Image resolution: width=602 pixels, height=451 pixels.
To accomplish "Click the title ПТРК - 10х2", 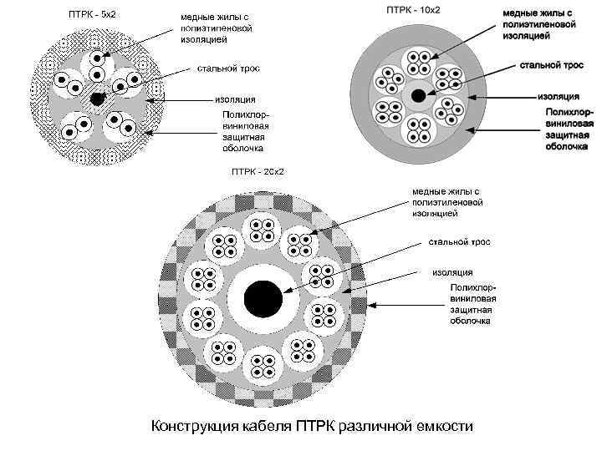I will click(x=413, y=10).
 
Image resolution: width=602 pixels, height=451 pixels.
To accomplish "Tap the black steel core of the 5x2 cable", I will click(x=98, y=99).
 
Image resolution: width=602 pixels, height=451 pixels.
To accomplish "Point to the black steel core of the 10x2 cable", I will click(x=416, y=95).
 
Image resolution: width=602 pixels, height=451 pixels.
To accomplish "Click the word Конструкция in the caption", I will click(x=194, y=427).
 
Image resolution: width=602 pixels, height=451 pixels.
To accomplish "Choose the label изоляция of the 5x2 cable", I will click(x=236, y=99).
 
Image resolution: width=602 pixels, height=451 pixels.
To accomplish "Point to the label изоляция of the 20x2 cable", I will click(x=452, y=271).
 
